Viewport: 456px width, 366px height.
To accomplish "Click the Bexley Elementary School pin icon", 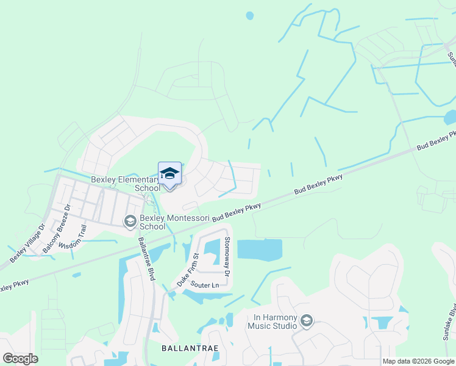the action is click(169, 173).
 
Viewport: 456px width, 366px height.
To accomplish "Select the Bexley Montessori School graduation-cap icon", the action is click(130, 221).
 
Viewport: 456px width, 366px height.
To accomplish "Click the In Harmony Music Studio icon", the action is click(307, 321).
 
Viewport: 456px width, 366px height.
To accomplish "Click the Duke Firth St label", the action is click(187, 270).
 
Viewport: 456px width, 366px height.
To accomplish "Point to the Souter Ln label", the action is click(204, 285).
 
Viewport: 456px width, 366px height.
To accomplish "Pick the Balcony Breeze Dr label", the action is click(57, 229).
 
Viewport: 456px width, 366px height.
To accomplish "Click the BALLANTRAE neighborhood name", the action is click(190, 348).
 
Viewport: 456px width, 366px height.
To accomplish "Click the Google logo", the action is click(20, 359).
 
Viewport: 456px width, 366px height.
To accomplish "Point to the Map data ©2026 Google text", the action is click(418, 361).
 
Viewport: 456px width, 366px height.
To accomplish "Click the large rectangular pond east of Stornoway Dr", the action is click(260, 249).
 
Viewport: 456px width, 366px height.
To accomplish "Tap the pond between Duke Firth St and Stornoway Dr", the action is click(212, 248).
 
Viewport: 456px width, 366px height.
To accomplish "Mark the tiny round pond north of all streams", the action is click(249, 16).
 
